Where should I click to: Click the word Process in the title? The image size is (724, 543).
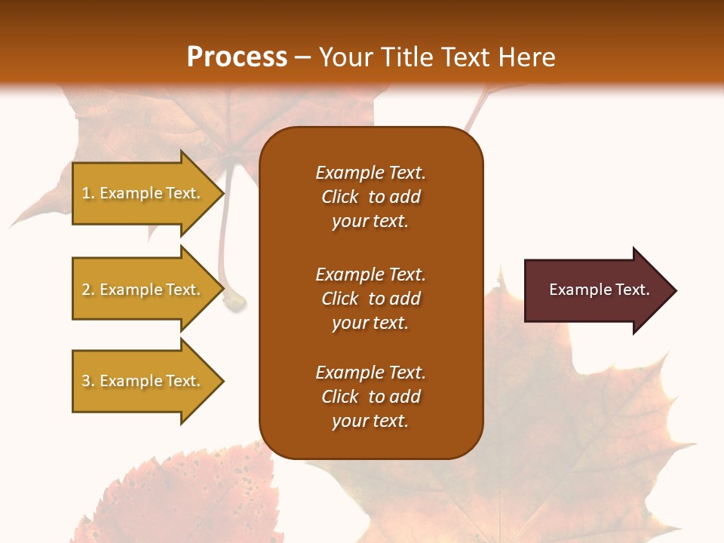[237, 57]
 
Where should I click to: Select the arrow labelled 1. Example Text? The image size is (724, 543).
[143, 193]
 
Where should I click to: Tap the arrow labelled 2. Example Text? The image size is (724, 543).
[143, 290]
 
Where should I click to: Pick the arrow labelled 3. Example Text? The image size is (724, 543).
[143, 381]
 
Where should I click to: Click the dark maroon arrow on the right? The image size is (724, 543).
[596, 290]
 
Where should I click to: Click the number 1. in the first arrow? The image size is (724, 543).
[88, 193]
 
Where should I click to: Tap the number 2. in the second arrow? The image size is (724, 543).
[88, 290]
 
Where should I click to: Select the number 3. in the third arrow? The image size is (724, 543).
[88, 381]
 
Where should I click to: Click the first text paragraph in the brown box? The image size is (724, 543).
[370, 197]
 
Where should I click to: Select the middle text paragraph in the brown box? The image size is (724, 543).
[370, 299]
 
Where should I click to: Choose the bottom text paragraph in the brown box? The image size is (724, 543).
[370, 397]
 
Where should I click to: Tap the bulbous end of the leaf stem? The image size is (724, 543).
[236, 302]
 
